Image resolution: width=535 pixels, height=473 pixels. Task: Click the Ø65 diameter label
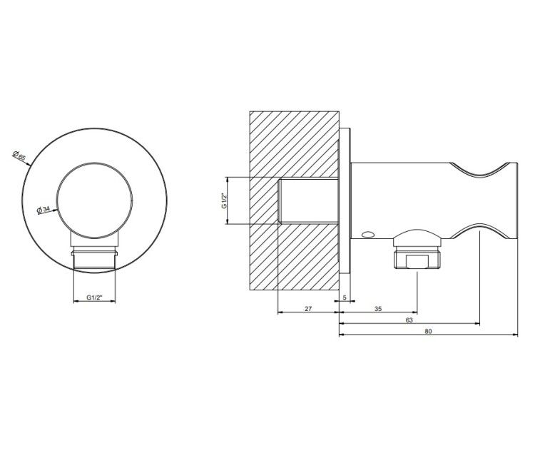(x=19, y=156)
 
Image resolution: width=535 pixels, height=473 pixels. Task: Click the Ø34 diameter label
(x=44, y=209)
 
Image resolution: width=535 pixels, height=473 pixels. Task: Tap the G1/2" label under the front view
(x=94, y=297)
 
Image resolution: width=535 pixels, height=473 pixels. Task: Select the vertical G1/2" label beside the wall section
(x=224, y=201)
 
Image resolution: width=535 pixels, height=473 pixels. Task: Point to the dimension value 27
(x=308, y=309)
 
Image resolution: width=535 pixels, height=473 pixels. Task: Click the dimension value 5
(x=345, y=297)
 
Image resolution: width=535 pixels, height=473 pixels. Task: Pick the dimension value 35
(x=378, y=309)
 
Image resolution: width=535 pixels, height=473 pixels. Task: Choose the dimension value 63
(x=409, y=320)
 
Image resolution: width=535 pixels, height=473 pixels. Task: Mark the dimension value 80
(x=428, y=331)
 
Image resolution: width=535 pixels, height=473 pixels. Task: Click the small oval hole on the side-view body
(x=368, y=235)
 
